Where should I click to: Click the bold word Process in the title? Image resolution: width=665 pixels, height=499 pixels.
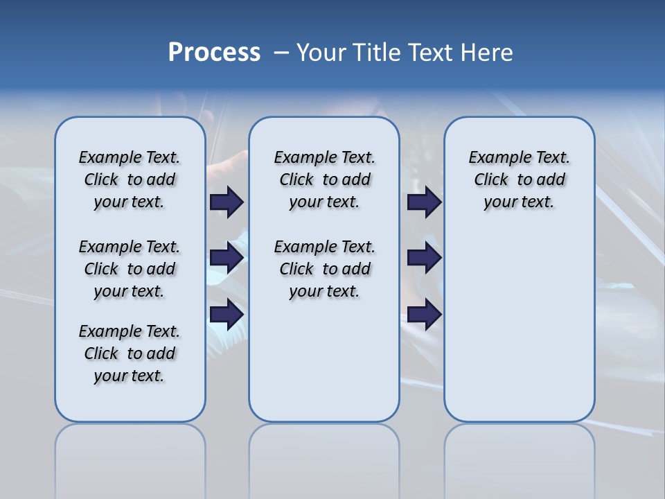click(x=214, y=53)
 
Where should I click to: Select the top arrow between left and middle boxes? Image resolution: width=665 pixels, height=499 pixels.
click(x=227, y=202)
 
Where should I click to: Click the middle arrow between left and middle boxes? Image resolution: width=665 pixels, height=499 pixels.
click(x=227, y=258)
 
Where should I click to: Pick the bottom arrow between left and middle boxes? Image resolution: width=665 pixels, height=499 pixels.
click(x=227, y=314)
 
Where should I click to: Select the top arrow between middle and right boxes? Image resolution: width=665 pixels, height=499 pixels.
click(x=424, y=202)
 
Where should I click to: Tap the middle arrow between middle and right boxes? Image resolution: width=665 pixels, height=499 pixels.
click(x=424, y=258)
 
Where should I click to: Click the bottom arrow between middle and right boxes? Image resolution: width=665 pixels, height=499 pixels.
click(x=424, y=314)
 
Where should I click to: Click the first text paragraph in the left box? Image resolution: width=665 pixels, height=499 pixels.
click(x=130, y=180)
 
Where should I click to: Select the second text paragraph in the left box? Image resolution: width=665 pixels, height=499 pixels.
click(x=130, y=269)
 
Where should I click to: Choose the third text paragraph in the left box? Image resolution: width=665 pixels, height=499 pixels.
click(x=130, y=353)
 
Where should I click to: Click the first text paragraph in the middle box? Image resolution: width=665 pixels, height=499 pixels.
click(x=325, y=180)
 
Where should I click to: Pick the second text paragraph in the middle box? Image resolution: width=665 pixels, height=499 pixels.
click(x=325, y=269)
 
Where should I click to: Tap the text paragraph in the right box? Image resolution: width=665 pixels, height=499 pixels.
click(x=520, y=180)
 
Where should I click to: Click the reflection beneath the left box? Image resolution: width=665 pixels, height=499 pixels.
click(x=130, y=450)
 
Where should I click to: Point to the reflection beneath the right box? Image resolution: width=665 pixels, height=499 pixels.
click(x=520, y=450)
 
